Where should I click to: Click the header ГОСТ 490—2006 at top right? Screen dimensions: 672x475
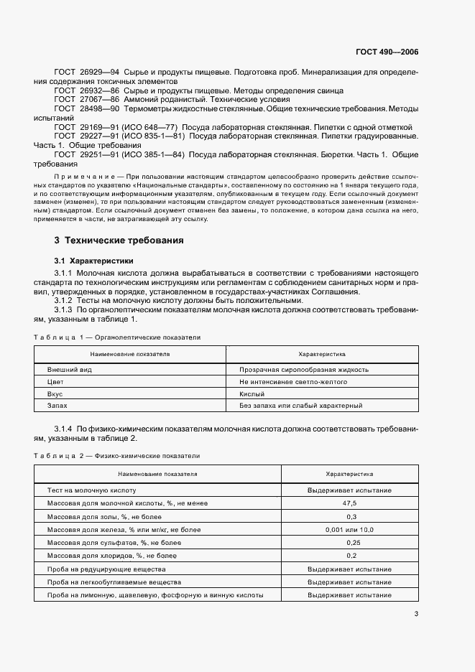[x=387, y=52]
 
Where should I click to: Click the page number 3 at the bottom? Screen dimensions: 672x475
[x=416, y=614]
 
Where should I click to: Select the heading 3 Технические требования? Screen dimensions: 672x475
[x=119, y=241]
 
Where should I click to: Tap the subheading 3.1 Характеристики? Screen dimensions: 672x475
[x=93, y=260]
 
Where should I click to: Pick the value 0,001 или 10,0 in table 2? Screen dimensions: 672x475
[x=350, y=529]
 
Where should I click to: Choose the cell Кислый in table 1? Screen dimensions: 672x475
[x=252, y=394]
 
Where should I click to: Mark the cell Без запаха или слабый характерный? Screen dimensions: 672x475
[x=300, y=406]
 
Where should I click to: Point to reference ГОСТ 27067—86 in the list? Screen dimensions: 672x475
[x=87, y=100]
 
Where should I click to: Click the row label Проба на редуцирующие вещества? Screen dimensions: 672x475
[x=103, y=569]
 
